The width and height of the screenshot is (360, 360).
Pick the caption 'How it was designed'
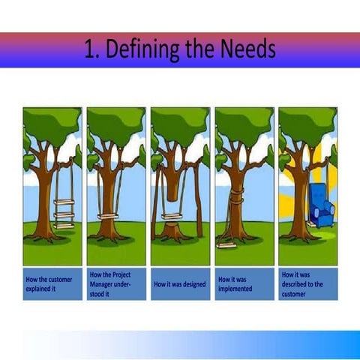[x=179, y=284]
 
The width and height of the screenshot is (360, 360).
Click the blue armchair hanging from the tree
[x=321, y=204]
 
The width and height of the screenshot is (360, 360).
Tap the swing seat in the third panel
[x=173, y=217]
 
